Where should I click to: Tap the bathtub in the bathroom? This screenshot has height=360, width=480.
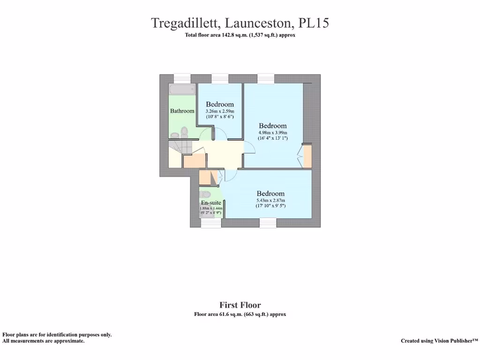click(x=182, y=89)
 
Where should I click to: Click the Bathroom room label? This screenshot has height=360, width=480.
click(x=182, y=111)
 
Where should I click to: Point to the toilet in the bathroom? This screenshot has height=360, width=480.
click(x=184, y=132)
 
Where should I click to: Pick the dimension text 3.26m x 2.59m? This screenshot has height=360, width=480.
click(x=220, y=111)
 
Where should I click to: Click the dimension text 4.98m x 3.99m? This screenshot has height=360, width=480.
click(x=273, y=133)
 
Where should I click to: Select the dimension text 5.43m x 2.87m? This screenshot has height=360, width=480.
click(x=270, y=200)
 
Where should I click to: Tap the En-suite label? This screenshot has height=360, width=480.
click(x=211, y=202)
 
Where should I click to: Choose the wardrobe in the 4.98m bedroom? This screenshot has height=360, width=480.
click(x=307, y=156)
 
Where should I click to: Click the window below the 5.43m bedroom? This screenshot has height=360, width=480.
click(x=268, y=223)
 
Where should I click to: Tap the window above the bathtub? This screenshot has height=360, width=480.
click(x=182, y=79)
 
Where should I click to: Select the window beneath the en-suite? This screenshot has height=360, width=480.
click(x=211, y=223)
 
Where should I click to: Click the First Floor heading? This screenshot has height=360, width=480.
click(x=240, y=305)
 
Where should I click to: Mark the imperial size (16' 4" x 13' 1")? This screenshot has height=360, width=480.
click(x=273, y=138)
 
